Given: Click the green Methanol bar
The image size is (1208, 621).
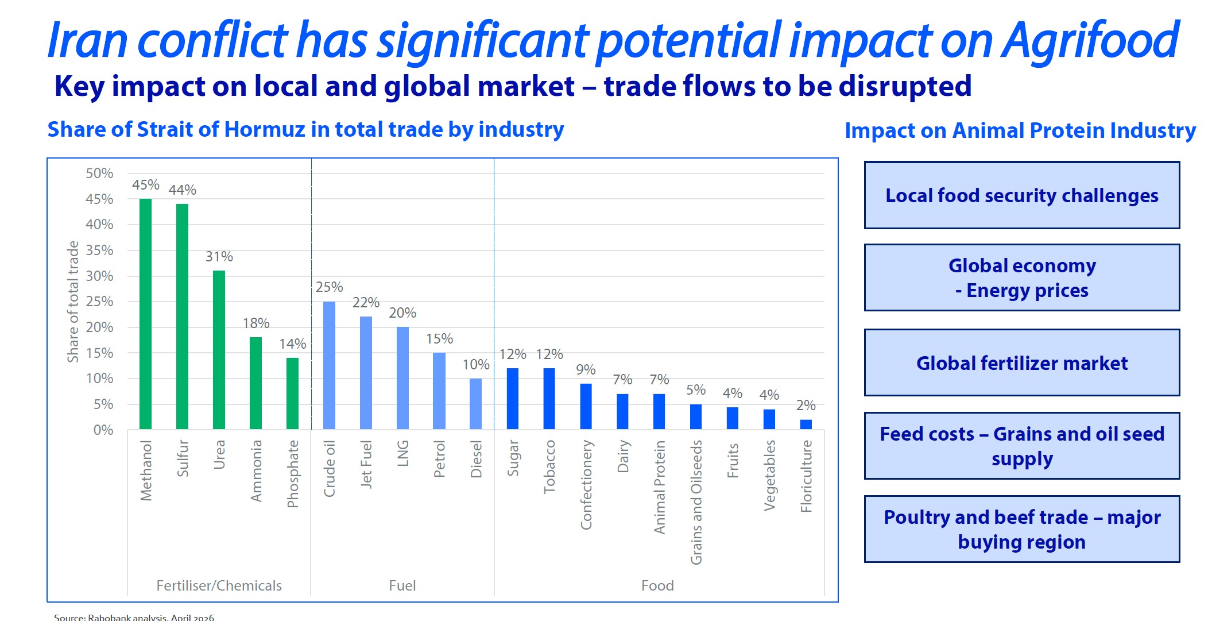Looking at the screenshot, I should tap(146, 314).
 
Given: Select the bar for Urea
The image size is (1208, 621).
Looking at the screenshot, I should tap(219, 349).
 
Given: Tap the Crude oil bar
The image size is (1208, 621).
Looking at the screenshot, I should tap(329, 365).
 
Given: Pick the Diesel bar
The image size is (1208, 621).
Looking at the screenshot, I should tap(476, 403).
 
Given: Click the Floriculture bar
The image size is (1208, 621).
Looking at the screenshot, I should tap(806, 425).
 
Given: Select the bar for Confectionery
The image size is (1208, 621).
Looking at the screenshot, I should tap(586, 406).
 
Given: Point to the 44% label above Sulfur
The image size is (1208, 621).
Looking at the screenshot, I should tap(182, 190).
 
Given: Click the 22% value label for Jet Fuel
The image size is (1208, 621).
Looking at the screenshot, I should tap(366, 303).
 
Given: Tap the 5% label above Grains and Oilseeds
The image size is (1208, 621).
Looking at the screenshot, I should tap(696, 390).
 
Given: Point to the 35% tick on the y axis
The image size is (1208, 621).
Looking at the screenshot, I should tap(99, 250).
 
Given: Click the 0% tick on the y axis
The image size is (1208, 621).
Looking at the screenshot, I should tap(103, 430).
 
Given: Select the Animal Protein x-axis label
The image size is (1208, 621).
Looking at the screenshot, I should tap(660, 487).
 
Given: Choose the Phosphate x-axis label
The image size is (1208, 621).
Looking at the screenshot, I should tap(293, 474).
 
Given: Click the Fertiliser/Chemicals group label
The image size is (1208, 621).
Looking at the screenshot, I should tap(219, 585).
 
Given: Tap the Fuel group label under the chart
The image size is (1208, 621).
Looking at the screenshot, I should tap(402, 585).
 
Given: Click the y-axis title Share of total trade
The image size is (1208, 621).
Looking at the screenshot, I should tap(73, 302).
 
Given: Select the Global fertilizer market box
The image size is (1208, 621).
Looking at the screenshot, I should tap(1022, 363).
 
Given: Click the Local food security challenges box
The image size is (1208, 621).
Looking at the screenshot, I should tap(1022, 196).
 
